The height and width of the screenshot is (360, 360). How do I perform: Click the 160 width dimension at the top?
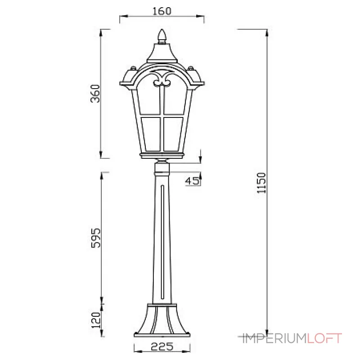(162, 11)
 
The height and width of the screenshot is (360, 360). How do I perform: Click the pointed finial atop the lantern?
(162, 36)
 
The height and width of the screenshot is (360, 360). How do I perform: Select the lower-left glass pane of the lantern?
(151, 134)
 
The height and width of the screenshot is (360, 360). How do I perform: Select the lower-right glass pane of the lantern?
(173, 134)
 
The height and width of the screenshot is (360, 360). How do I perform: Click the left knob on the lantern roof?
(133, 70)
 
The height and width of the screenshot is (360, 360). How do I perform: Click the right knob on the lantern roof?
(191, 70)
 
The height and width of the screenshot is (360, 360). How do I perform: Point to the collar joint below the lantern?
(162, 169)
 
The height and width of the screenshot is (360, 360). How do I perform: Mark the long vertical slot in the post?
(162, 243)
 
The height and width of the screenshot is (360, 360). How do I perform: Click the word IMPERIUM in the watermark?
(274, 337)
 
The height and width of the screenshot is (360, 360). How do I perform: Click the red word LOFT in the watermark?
(325, 337)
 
